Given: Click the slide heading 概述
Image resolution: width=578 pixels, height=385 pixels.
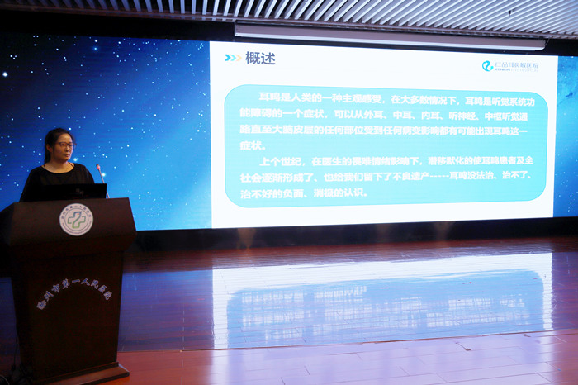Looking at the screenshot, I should pyautogui.click(x=260, y=59).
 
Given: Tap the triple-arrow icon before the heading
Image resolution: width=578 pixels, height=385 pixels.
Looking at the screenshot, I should pyautogui.click(x=233, y=59).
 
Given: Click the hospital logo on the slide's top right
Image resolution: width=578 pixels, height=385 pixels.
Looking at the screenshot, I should pyautogui.click(x=509, y=65).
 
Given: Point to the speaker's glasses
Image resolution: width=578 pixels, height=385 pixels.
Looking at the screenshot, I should pyautogui.click(x=64, y=145).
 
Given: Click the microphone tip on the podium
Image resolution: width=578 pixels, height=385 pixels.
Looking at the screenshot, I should pyautogui.click(x=97, y=168).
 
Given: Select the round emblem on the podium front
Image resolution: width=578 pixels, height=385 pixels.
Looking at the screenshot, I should pyautogui.click(x=76, y=219).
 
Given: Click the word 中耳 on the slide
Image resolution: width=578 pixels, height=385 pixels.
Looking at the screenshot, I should pyautogui.click(x=372, y=116).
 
